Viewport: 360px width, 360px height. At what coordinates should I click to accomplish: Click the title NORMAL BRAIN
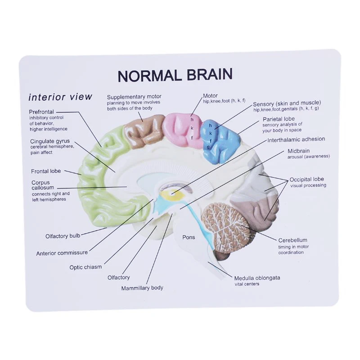[x=175, y=75]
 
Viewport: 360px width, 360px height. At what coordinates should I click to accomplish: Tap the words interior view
[x=60, y=97]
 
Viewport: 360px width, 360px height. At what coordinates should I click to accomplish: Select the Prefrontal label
[x=41, y=112]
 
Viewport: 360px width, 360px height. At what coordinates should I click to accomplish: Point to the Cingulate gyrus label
[x=50, y=141]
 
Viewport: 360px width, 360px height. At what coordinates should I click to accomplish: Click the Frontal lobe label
[x=46, y=171]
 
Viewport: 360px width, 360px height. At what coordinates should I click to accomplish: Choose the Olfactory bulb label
[x=63, y=236]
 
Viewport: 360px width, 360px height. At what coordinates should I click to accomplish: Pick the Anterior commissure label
[x=62, y=253]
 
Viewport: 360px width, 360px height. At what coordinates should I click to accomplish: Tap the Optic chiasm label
[x=85, y=267]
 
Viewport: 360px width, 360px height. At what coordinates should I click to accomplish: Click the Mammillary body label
[x=142, y=288]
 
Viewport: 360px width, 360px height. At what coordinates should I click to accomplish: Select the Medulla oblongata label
[x=257, y=278]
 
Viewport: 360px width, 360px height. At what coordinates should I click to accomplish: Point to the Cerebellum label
[x=292, y=240]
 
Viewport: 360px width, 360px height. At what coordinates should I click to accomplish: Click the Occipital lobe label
[x=306, y=179]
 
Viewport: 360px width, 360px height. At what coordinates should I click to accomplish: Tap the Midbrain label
[x=298, y=151]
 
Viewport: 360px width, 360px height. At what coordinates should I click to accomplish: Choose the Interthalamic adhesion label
[x=296, y=139]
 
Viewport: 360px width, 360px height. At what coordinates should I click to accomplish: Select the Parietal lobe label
[x=279, y=119]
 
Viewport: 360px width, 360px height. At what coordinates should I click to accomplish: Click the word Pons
[x=189, y=237]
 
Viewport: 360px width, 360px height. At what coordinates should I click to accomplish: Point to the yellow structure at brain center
[x=173, y=194]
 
